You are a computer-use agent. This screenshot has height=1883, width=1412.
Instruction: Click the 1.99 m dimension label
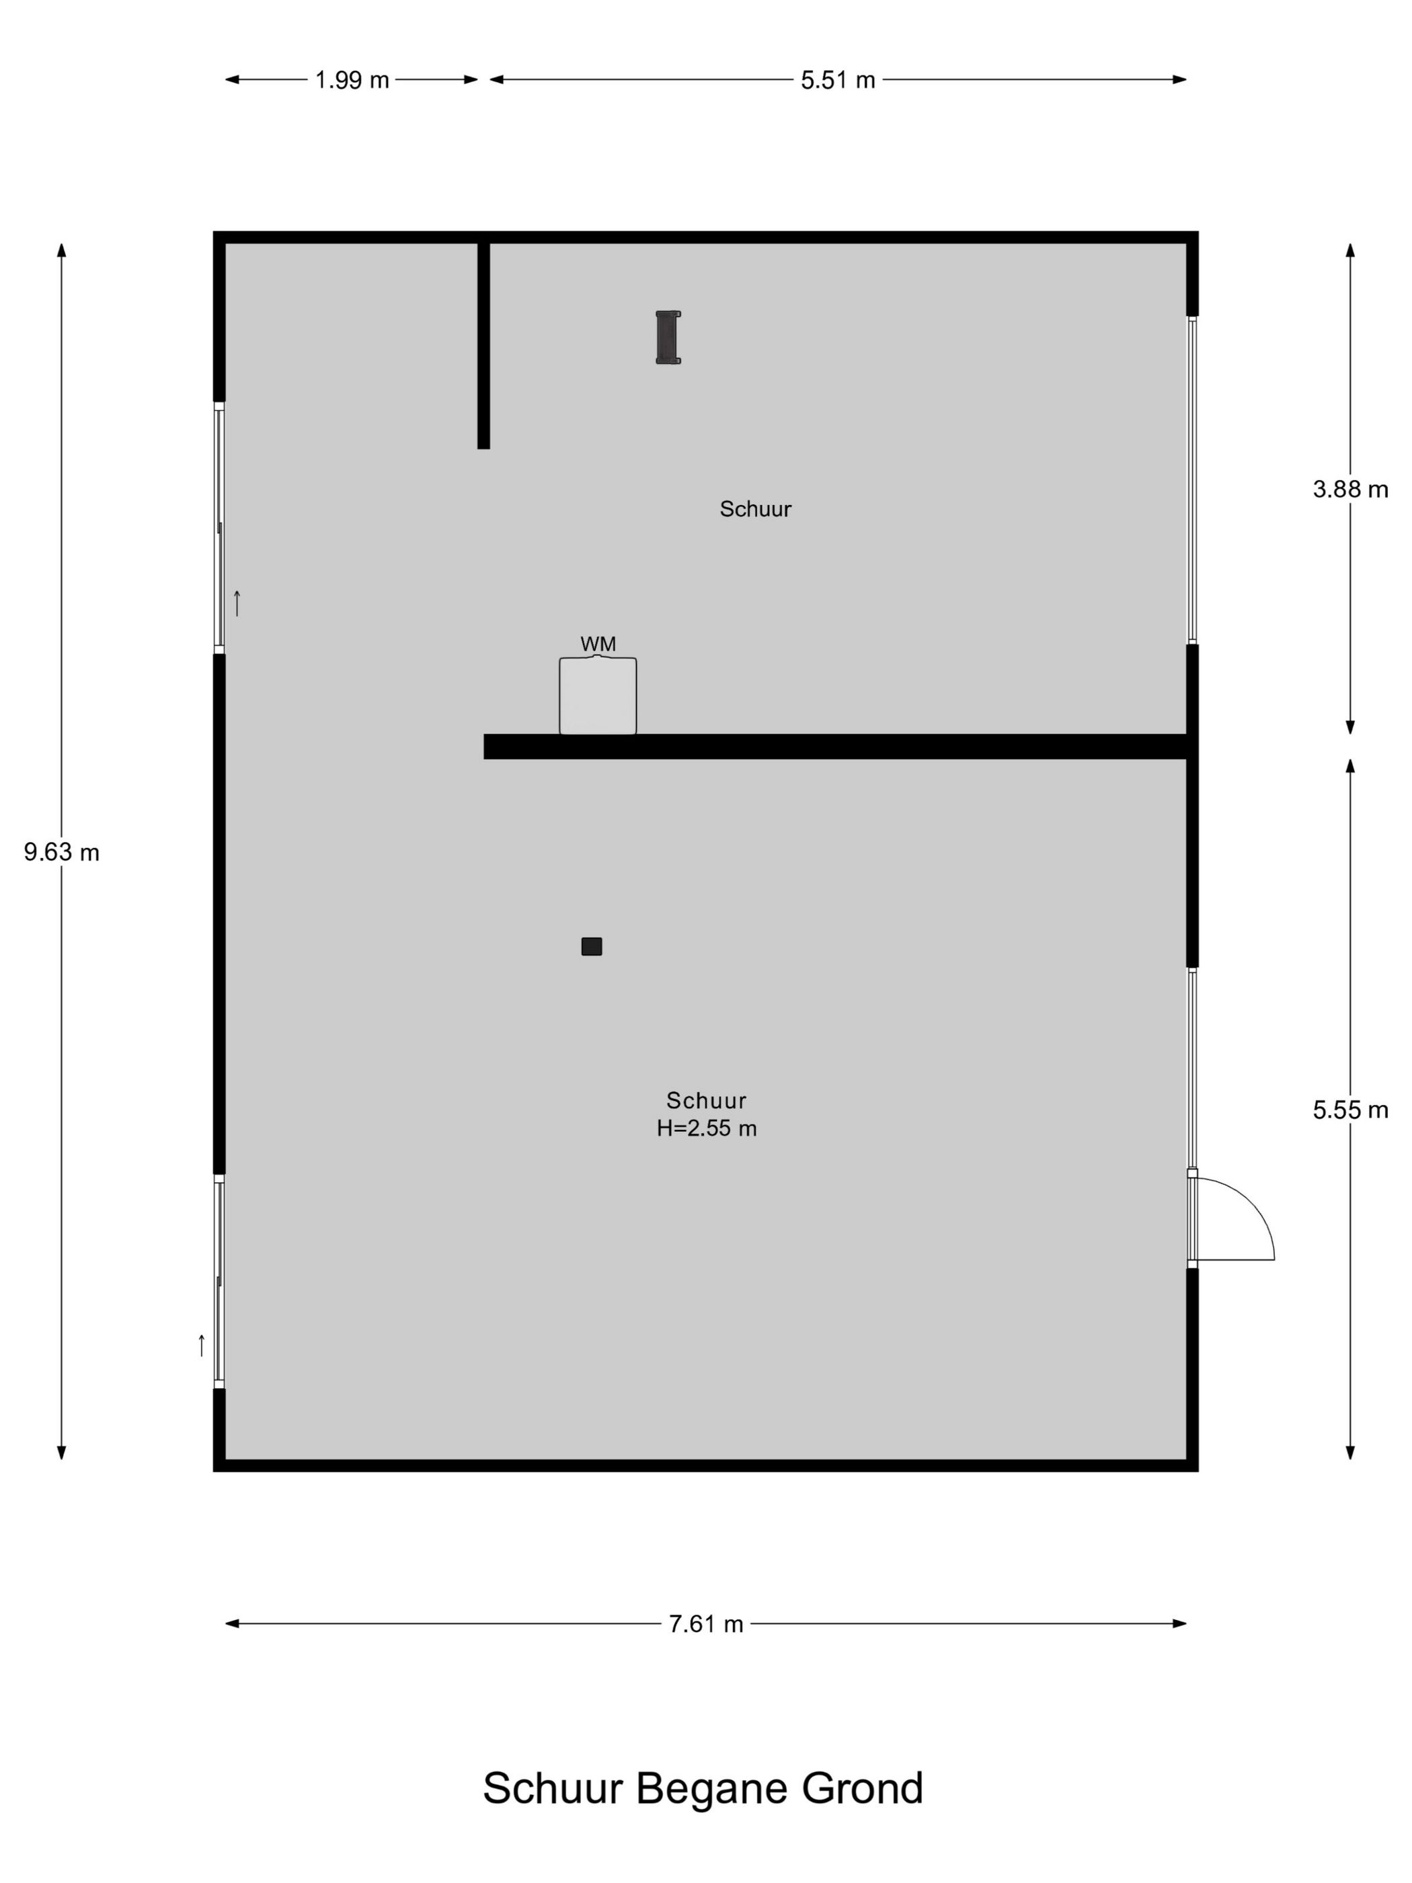coord(352,80)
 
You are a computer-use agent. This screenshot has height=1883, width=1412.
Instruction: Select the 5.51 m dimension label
coord(838,80)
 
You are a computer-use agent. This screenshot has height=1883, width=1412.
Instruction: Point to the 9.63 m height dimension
coord(61,852)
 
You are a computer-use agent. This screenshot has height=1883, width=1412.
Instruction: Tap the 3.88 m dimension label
coord(1350,490)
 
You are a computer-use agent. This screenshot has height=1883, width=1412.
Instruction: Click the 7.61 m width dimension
coord(705,1624)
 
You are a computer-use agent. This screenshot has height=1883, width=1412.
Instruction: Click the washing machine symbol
coord(598,695)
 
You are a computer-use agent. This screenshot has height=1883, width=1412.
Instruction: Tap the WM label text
coord(598,644)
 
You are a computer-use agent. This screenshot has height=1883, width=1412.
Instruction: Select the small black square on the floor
coord(592,947)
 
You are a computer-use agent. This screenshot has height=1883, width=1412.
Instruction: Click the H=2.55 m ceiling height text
coord(707,1128)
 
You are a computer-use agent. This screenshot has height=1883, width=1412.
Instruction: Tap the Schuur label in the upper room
coord(755,509)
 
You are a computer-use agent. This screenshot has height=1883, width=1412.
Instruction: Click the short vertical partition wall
coord(483,346)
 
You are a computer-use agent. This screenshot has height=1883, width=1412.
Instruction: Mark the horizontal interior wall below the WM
coord(835,746)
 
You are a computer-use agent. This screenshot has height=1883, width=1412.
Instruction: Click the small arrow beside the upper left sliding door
coord(237,603)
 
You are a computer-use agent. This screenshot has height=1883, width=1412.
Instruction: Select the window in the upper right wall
coord(1192,480)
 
